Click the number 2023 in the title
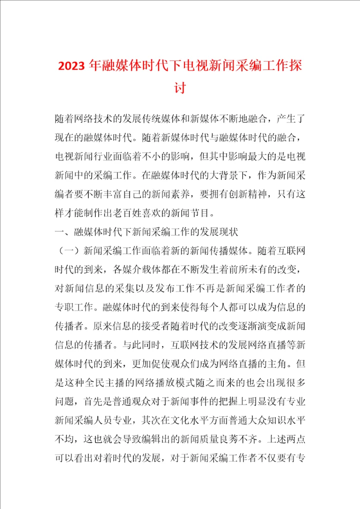coord(71,66)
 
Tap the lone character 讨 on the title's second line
coord(180,88)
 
